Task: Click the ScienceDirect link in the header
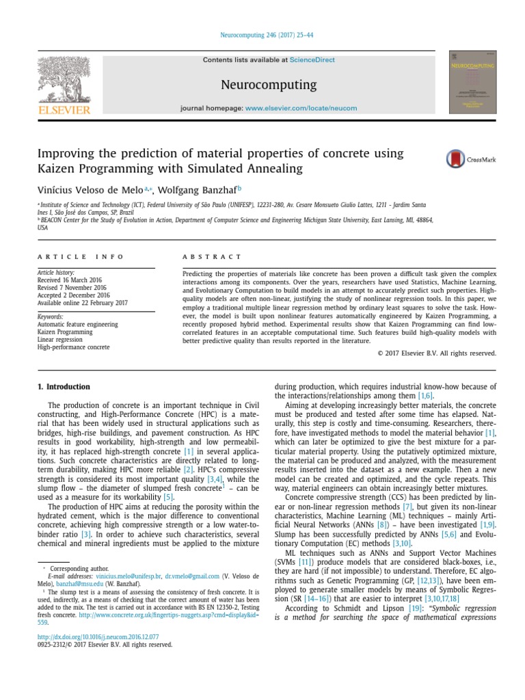tap(312, 60)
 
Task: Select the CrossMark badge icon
tap(470, 159)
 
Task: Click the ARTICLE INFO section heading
tap(81, 257)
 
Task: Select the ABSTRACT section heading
tap(211, 257)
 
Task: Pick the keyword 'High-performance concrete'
tap(73, 347)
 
